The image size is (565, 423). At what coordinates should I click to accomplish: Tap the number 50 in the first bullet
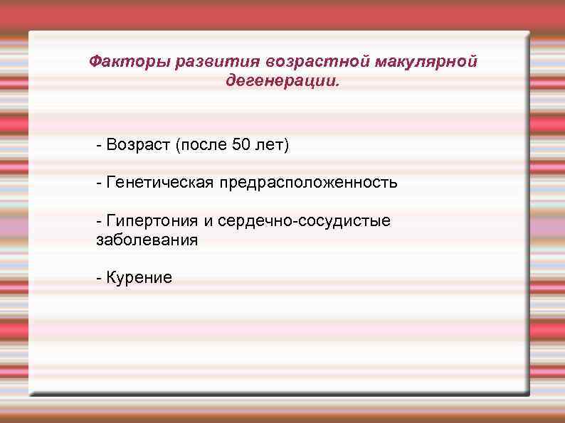(x=241, y=146)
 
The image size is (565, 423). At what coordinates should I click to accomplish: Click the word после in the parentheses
(x=202, y=146)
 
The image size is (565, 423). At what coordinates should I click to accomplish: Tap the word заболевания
(x=147, y=240)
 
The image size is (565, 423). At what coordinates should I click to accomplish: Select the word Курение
(x=139, y=278)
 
